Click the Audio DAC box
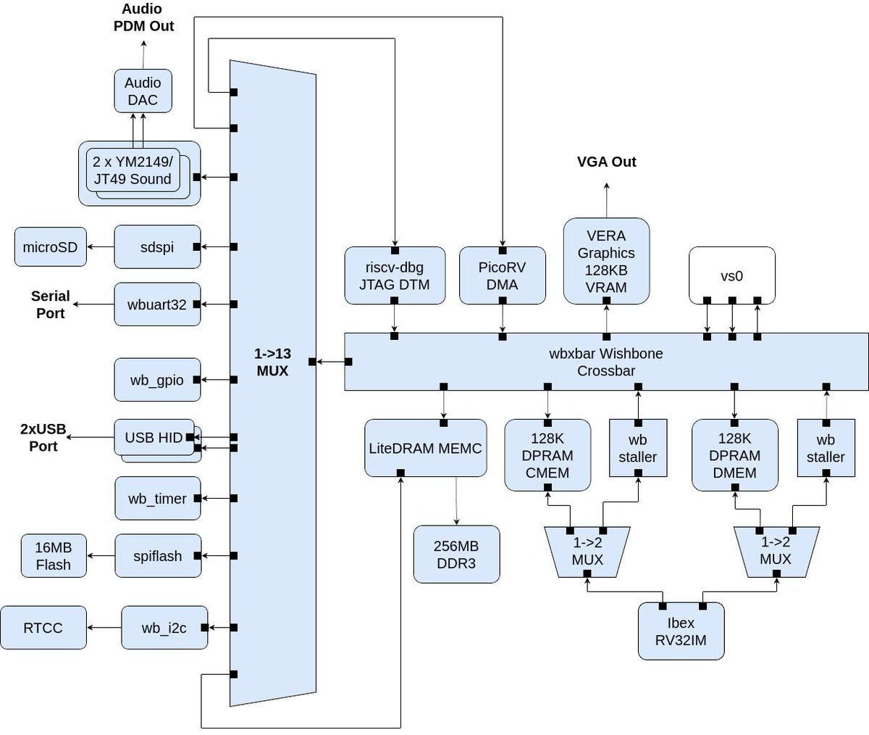click(x=143, y=91)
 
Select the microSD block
click(x=50, y=246)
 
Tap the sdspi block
click(x=157, y=246)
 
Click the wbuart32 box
click(x=157, y=304)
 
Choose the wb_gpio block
click(x=157, y=380)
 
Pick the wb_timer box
click(x=157, y=499)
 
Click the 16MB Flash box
click(x=53, y=556)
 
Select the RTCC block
click(x=43, y=628)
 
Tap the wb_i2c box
click(x=164, y=628)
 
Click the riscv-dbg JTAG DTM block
click(x=394, y=276)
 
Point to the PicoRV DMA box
click(x=502, y=276)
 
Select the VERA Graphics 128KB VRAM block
click(x=606, y=261)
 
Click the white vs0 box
click(x=731, y=275)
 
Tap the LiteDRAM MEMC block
click(x=425, y=448)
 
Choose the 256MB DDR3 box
click(x=456, y=555)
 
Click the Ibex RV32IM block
click(x=681, y=631)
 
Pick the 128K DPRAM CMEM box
click(x=547, y=455)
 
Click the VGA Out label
click(x=607, y=162)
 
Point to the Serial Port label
click(x=50, y=304)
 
